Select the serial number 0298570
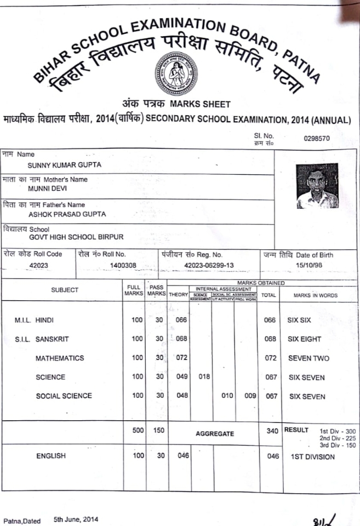click(316, 139)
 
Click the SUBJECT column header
click(65, 290)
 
